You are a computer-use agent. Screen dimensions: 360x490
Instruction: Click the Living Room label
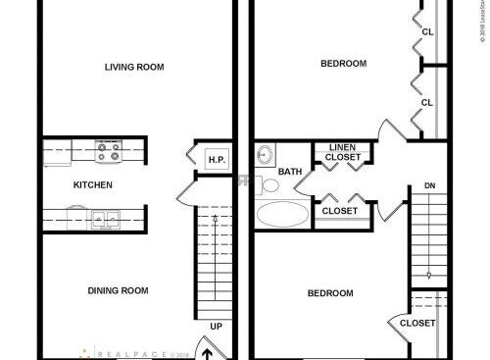[x=135, y=67]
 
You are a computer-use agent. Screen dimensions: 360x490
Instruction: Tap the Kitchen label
[x=93, y=184]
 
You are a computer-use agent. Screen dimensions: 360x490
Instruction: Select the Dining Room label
[x=118, y=289]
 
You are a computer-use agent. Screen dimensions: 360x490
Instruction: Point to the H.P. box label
[x=216, y=159]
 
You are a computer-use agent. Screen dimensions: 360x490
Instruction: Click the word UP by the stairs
[x=215, y=326]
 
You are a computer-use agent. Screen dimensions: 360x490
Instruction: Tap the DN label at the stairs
[x=429, y=184]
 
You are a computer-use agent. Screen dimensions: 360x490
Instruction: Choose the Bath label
[x=290, y=172]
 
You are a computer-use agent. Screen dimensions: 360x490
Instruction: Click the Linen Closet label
[x=341, y=152]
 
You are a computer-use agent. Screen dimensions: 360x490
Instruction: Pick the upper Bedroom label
[x=343, y=64]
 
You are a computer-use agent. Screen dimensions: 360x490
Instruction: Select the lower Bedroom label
[x=329, y=293]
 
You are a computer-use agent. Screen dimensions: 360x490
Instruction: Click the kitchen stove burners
[x=108, y=152]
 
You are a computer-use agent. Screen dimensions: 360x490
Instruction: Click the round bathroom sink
[x=264, y=155]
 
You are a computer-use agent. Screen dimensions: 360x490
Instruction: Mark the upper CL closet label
[x=427, y=31]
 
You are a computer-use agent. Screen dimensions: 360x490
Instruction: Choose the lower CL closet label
[x=427, y=102]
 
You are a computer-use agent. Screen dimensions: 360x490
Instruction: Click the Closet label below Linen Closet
[x=340, y=210]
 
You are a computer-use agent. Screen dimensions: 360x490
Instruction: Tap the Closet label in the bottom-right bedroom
[x=417, y=323]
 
